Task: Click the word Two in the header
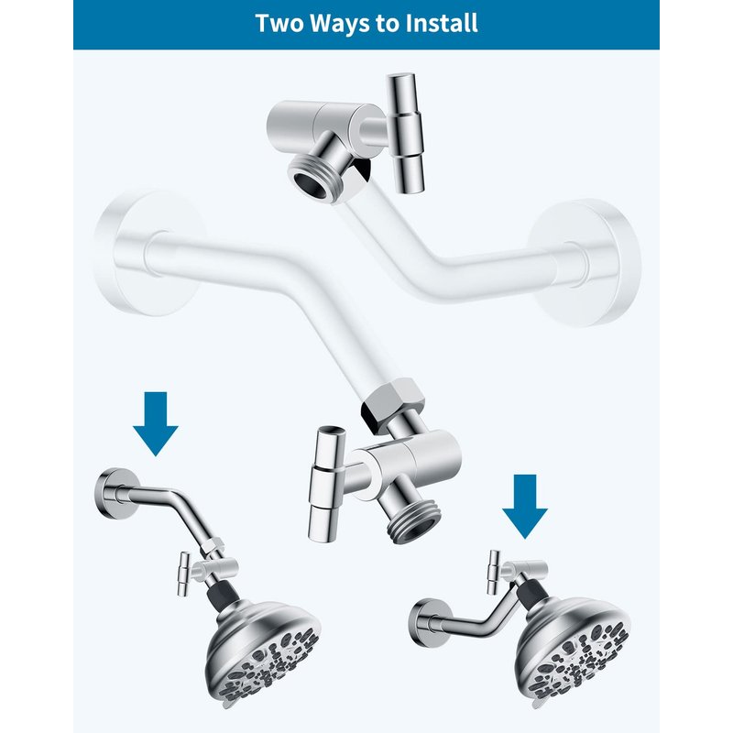280,23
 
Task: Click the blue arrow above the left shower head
156,423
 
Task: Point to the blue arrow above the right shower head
524,507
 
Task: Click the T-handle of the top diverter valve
405,133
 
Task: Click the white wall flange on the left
148,253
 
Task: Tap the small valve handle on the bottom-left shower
184,574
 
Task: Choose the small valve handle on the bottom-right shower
493,572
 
